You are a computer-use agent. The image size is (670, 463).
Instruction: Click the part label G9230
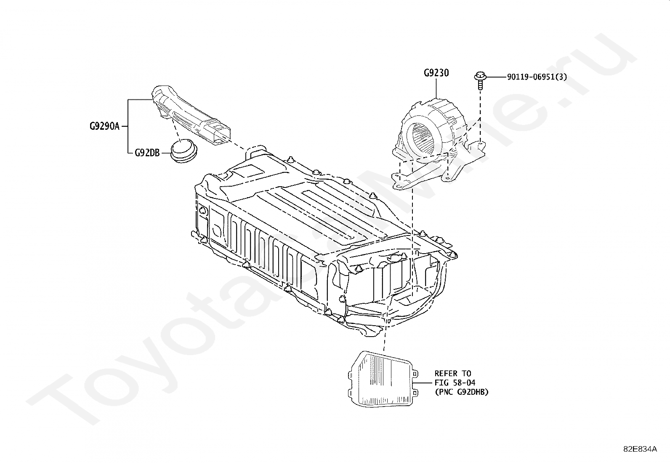point(436,73)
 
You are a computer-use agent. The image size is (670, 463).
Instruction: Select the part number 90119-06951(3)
point(537,77)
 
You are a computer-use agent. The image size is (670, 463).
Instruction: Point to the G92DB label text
point(147,153)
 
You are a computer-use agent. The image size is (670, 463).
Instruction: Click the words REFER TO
point(453,373)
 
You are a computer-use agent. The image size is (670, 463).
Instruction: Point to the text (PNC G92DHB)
point(461,392)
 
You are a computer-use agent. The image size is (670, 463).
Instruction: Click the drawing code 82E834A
point(640,449)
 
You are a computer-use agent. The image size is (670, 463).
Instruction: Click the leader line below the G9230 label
point(436,88)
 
